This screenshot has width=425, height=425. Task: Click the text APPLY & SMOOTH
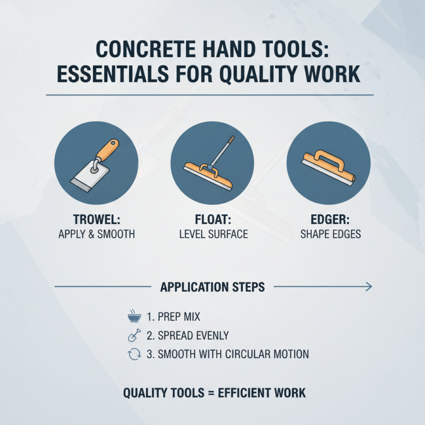(96, 234)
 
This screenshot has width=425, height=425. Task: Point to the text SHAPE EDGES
(328, 234)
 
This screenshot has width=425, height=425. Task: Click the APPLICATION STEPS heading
(212, 287)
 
